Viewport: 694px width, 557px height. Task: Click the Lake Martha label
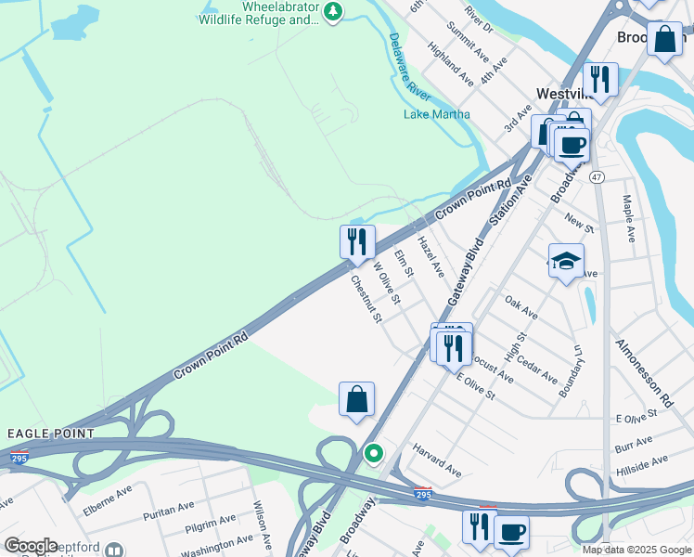[436, 114]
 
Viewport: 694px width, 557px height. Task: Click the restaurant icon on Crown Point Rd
[357, 243]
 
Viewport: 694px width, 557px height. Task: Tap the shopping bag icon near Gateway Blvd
[356, 400]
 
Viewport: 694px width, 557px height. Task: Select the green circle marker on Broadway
[373, 454]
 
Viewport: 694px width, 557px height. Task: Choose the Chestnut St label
[365, 298]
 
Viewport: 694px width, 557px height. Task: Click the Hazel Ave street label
[431, 257]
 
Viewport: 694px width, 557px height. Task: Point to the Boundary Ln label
[570, 372]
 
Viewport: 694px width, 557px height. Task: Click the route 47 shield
[597, 176]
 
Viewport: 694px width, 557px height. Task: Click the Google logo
[31, 545]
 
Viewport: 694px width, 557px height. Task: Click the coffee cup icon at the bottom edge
[511, 533]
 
